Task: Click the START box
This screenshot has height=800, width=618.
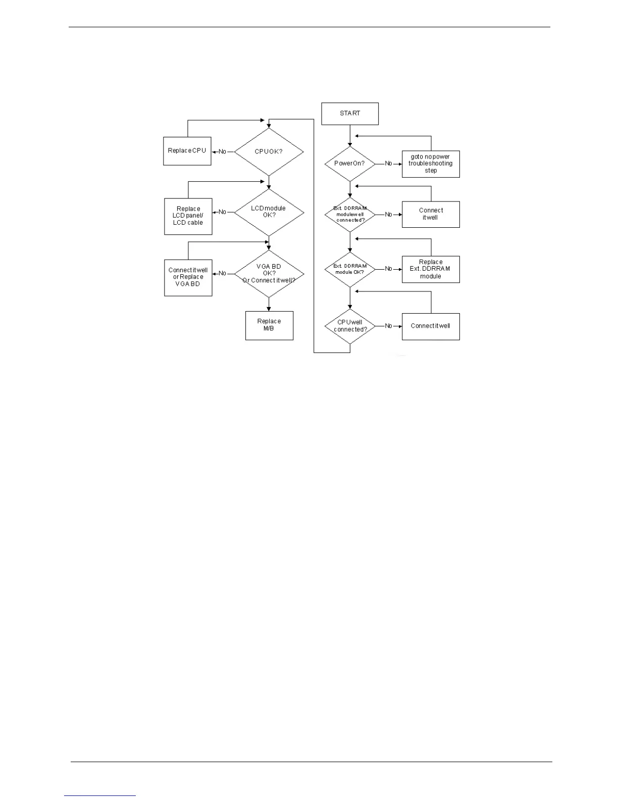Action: click(350, 114)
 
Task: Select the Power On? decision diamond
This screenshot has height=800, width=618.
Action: click(350, 164)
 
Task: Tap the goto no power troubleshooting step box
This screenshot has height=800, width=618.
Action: click(431, 164)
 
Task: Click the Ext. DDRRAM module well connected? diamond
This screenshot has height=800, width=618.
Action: click(350, 215)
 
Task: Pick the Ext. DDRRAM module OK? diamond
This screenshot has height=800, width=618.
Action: click(350, 269)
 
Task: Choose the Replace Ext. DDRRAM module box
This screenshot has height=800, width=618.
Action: click(431, 269)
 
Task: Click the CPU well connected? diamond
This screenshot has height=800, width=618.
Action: click(350, 326)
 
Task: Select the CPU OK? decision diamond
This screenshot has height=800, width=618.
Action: click(269, 152)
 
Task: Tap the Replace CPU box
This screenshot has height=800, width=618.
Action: click(187, 151)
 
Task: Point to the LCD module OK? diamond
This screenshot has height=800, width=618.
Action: click(269, 212)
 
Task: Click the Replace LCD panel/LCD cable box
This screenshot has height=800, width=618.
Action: click(188, 216)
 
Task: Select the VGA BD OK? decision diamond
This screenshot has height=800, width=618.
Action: click(269, 274)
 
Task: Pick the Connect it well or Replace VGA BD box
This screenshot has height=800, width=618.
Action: click(188, 277)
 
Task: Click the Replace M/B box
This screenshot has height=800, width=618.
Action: click(269, 325)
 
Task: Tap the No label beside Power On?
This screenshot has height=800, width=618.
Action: click(388, 164)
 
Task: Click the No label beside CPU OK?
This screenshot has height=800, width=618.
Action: click(223, 152)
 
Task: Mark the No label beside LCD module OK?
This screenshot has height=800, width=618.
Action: click(223, 212)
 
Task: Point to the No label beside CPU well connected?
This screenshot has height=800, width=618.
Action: click(388, 326)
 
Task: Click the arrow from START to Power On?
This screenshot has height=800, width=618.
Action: click(350, 135)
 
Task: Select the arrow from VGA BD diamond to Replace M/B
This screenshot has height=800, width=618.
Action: click(269, 304)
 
